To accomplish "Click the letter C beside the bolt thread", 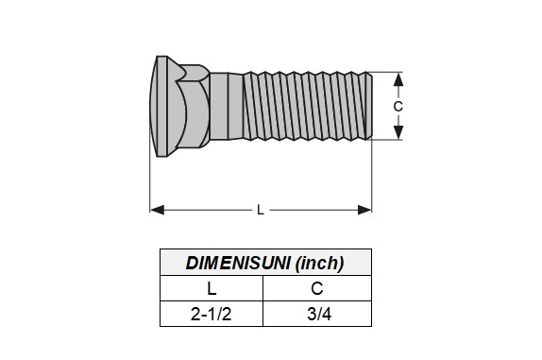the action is point(398,107).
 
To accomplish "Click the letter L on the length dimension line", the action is point(261,210).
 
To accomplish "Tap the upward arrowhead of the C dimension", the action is point(398,80).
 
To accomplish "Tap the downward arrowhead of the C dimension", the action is point(398,132).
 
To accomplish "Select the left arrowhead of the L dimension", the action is point(158,210).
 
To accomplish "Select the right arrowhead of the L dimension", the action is point(364,210).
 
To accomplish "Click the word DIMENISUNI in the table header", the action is point(238,264).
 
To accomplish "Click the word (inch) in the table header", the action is point(320,264).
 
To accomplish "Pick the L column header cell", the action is point(212,288).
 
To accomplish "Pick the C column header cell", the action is point(317,288).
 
